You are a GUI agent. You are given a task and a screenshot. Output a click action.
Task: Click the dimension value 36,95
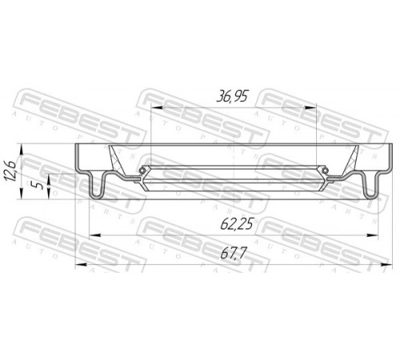(232, 96)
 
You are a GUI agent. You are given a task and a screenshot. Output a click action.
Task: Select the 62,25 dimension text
(237, 224)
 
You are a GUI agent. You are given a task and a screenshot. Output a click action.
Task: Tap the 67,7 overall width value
(233, 253)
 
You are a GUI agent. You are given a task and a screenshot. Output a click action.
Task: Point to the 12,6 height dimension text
(11, 170)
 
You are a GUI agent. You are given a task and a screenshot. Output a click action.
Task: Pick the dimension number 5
(39, 185)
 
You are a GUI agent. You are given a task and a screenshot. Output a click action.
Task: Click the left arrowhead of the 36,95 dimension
(157, 107)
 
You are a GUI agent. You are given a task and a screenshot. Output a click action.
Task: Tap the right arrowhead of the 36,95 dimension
(310, 107)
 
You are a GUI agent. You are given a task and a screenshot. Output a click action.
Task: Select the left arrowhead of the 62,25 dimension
(94, 235)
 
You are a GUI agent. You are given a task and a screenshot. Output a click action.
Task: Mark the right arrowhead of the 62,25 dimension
(372, 235)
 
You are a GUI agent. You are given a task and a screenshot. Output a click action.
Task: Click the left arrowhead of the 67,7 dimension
(81, 265)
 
